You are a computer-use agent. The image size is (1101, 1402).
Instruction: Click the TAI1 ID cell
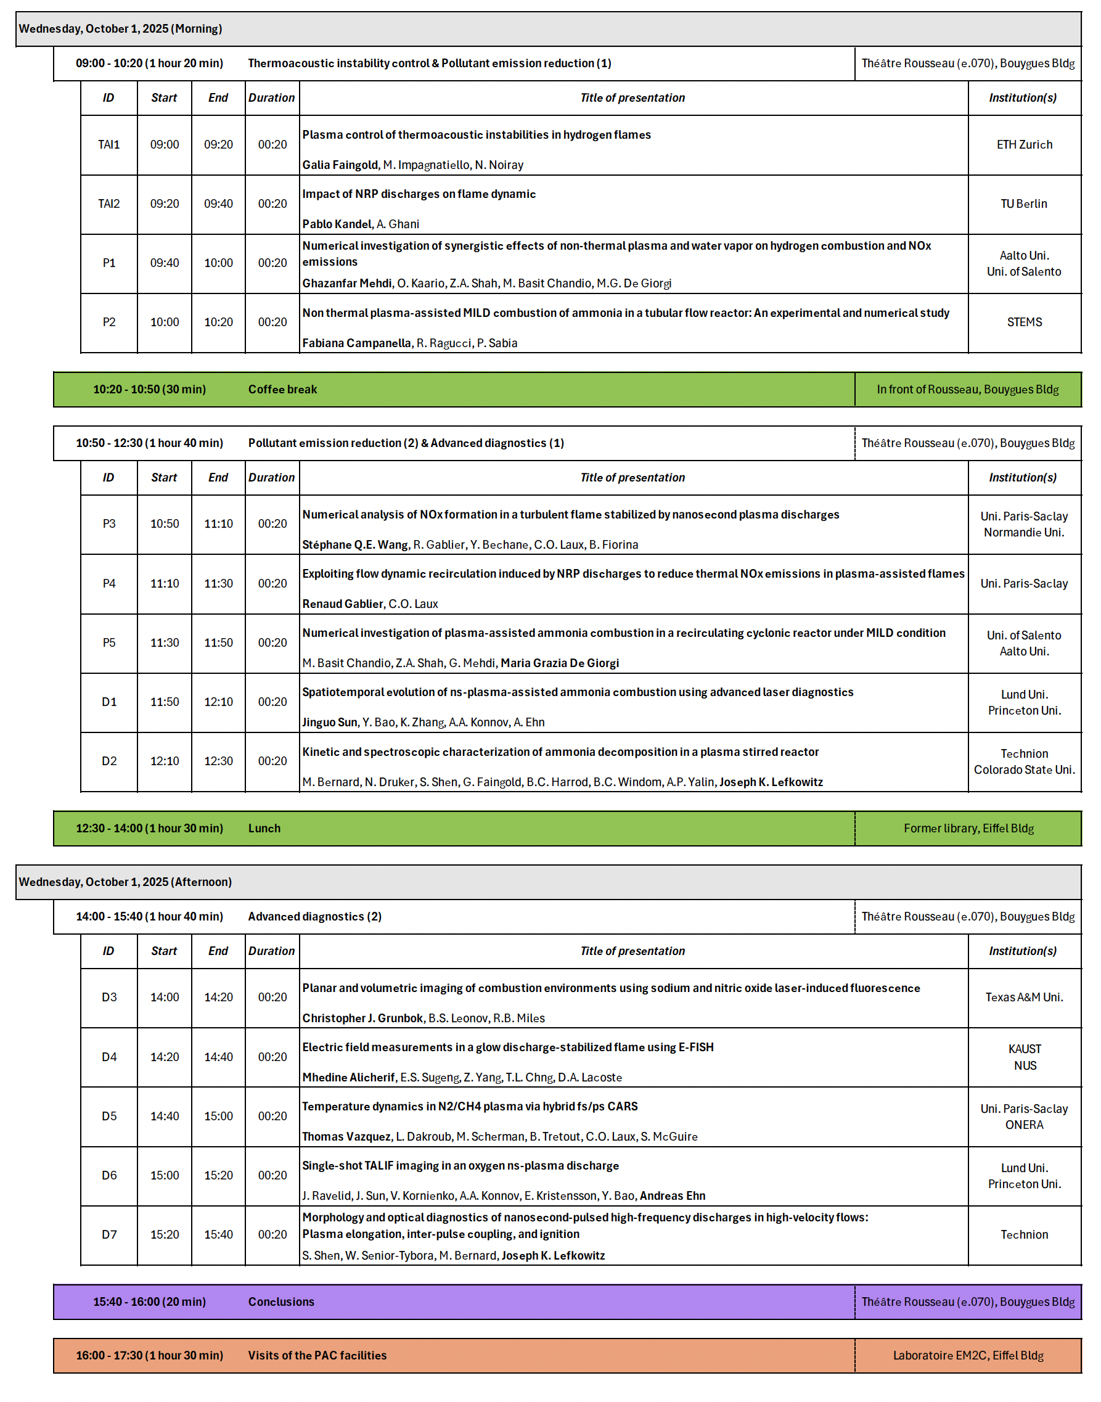point(109,144)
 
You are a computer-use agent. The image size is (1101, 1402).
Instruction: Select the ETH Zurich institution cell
point(1024,144)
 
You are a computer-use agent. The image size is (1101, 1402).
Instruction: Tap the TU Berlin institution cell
point(1024,203)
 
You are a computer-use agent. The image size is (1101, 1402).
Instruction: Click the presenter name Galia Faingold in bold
point(340,165)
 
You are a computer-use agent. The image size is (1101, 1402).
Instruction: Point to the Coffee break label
point(282,389)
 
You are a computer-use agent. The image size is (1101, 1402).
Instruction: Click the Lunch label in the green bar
point(264,828)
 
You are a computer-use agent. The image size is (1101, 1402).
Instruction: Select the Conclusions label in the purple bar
point(281,1302)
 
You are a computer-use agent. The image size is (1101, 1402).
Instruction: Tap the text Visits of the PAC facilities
point(317,1356)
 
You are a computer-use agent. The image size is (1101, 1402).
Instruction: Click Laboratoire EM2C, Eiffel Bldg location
point(968,1356)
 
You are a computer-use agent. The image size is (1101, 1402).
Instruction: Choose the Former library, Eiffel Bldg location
point(968,828)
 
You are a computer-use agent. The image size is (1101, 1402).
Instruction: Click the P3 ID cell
point(109,523)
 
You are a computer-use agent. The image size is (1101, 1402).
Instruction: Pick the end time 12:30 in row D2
point(218,761)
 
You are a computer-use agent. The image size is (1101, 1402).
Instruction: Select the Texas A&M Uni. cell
point(1024,997)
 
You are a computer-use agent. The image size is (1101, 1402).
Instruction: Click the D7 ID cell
point(109,1234)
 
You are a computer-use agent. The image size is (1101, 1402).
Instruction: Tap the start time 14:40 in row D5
point(165,1116)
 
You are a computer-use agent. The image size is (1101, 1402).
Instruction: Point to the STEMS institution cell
point(1024,322)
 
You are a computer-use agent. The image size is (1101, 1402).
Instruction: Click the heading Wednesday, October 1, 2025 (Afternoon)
point(125,882)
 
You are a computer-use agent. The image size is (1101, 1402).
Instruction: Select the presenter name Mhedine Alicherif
point(349,1077)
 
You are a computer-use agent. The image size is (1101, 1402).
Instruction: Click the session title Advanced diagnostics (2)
point(314,917)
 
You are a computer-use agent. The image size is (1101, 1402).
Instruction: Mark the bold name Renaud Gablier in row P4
point(343,604)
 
